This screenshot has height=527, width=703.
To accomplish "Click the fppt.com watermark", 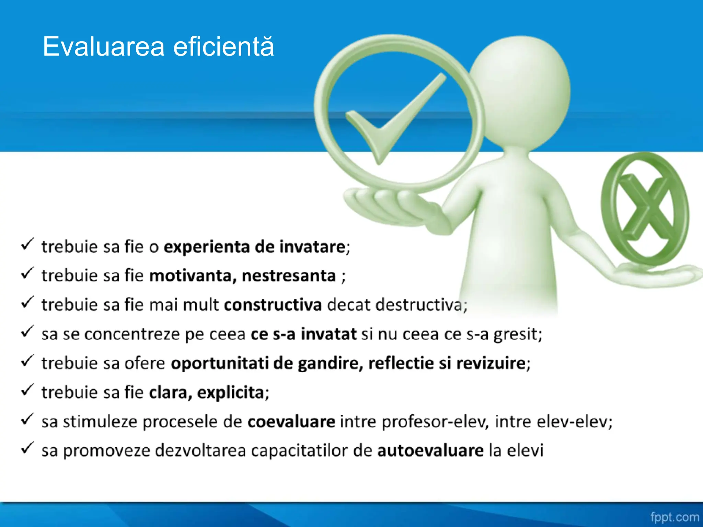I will pyautogui.click(x=675, y=517).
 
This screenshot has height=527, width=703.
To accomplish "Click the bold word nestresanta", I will pyautogui.click(x=289, y=276).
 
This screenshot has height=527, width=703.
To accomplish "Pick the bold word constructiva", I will pyautogui.click(x=273, y=305).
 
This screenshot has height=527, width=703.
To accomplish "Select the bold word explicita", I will pyautogui.click(x=230, y=393).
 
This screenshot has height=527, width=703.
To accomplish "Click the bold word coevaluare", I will pyautogui.click(x=291, y=422).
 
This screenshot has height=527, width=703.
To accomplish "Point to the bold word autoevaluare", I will pyautogui.click(x=430, y=451).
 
